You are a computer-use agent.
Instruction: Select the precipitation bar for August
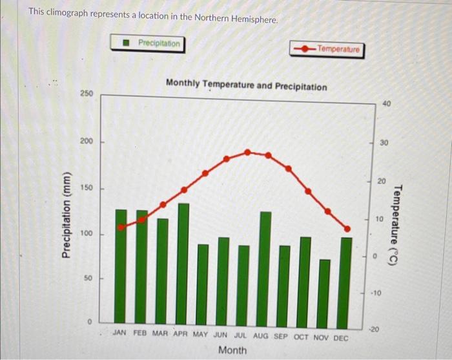click(x=265, y=268)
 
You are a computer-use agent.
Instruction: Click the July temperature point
click(x=247, y=152)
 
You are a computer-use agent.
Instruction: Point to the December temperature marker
click(x=347, y=228)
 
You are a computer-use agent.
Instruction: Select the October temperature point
click(x=308, y=191)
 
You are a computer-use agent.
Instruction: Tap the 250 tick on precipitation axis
click(x=87, y=94)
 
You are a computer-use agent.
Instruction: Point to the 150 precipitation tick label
click(x=87, y=188)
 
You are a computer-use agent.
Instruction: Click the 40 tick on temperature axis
click(x=386, y=103)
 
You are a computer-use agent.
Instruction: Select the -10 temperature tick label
click(x=376, y=293)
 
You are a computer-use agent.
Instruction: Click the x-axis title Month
click(x=232, y=350)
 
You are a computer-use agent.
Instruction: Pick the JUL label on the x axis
click(x=240, y=336)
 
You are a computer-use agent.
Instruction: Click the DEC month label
click(x=340, y=337)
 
